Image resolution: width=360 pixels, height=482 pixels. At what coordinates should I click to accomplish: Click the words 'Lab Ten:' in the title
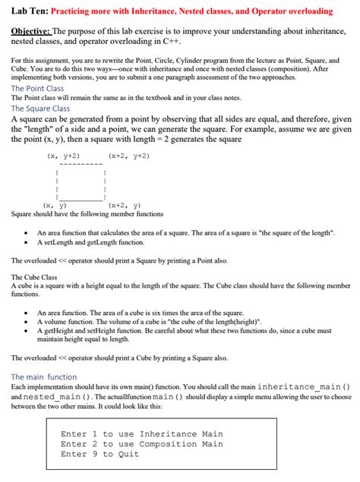29,11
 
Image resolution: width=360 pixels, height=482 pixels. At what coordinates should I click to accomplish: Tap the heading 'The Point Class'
37,89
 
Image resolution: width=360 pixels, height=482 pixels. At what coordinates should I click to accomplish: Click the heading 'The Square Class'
40,109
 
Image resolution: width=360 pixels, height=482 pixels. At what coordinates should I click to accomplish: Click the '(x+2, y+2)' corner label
128,156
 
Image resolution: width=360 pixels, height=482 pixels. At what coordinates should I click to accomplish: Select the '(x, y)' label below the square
55,206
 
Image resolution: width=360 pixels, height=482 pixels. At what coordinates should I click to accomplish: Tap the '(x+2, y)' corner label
125,206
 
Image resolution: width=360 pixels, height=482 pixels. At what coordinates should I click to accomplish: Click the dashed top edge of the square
78,164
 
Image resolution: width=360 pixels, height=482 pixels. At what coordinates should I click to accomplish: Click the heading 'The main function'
43,376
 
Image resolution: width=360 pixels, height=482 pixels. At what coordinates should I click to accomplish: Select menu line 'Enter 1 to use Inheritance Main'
141,434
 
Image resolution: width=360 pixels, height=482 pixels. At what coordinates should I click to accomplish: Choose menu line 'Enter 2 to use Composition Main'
141,444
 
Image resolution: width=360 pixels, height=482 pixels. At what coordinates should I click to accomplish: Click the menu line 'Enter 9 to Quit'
99,454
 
